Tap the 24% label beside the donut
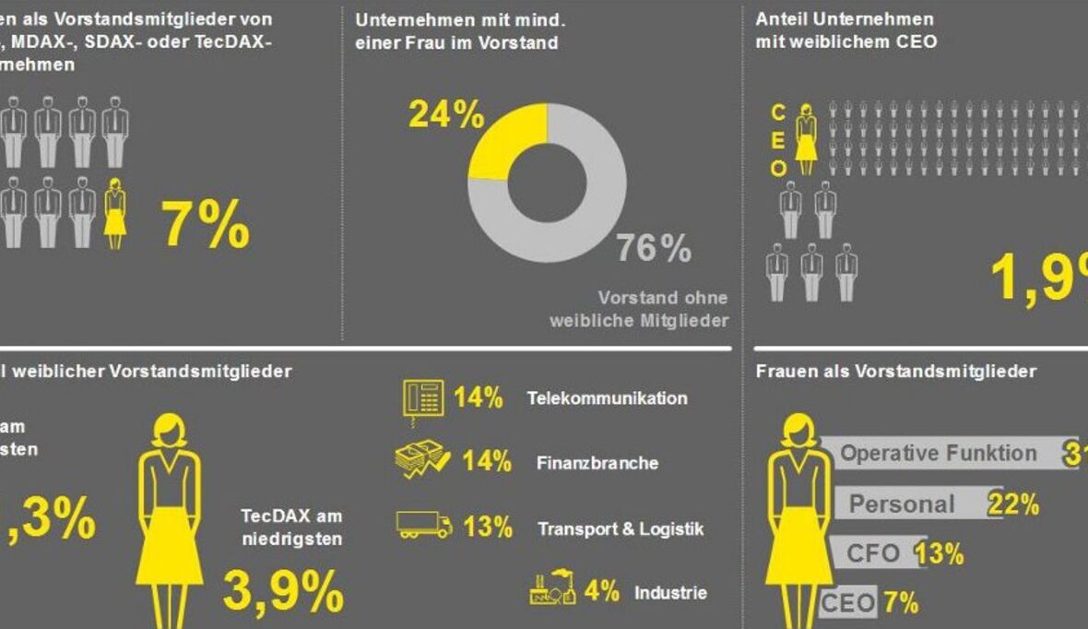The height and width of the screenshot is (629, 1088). pos(445,115)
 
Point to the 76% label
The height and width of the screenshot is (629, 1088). pos(654,248)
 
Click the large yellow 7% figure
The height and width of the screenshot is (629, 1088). pos(206,224)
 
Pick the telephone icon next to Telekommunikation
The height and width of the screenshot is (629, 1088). pos(422,398)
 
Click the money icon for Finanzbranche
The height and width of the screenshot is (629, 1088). pos(422,459)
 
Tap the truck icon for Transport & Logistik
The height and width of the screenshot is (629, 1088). pos(424,525)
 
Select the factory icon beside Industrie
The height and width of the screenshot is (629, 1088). pos(552,589)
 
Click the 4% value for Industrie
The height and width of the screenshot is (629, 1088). pos(601,590)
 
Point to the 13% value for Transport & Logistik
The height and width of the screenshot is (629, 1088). pos(488,527)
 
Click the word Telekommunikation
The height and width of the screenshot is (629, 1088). pos(607,398)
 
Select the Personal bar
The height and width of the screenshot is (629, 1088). pos(917,504)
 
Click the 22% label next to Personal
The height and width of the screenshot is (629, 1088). pos(1013,504)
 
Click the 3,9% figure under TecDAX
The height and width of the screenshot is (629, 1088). pos(283,591)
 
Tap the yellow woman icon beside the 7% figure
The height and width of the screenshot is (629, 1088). pos(114,213)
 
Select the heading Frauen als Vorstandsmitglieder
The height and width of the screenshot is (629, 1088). pos(895,372)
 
